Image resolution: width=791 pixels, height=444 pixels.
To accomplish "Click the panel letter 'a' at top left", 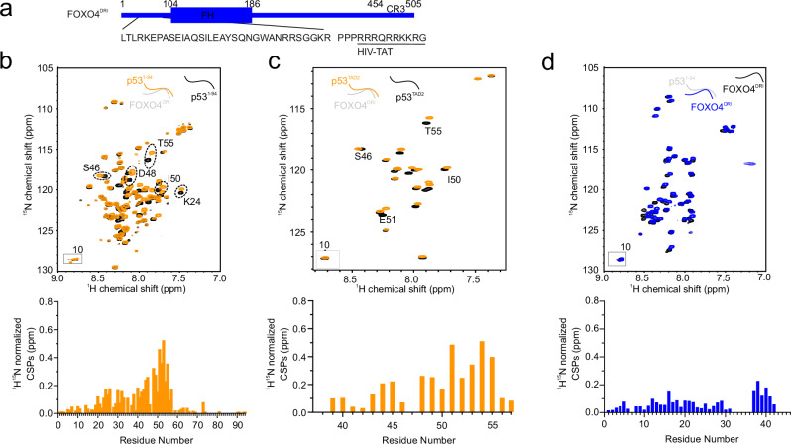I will click(8, 8).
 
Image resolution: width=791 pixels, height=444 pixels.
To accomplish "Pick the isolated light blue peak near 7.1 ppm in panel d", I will click(749, 164).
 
